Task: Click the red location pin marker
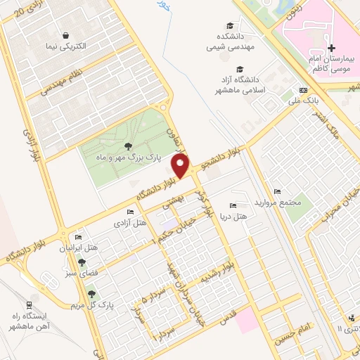pyautogui.click(x=181, y=167)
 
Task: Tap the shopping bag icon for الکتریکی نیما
pyautogui.click(x=65, y=35)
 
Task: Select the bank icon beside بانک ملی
pyautogui.click(x=303, y=91)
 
